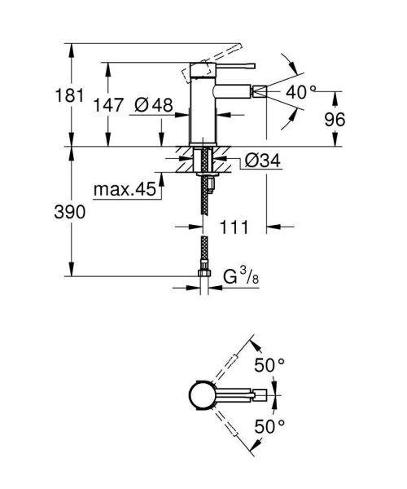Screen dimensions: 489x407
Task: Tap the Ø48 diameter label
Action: (x=151, y=104)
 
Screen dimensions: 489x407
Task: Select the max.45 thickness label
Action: (x=124, y=190)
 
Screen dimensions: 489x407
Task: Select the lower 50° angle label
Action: (x=270, y=425)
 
